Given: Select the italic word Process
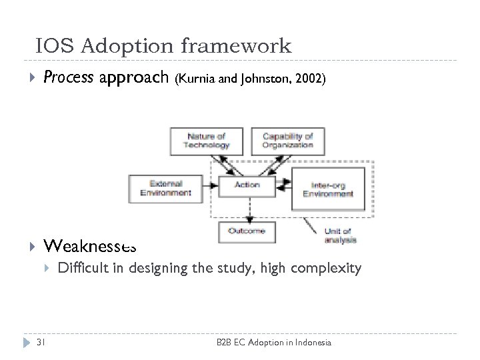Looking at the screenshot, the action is (68, 78).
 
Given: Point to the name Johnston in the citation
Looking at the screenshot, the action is (262, 79).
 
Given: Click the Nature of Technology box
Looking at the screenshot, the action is (207, 141).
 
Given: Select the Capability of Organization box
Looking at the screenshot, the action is (287, 141).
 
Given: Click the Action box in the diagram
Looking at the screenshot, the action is (247, 185).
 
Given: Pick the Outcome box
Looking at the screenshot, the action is (247, 231).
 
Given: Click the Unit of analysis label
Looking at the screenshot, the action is (340, 235).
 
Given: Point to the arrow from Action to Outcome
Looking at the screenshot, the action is (247, 208).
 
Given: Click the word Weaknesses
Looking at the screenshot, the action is (90, 246).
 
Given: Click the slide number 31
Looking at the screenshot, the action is (41, 343).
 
